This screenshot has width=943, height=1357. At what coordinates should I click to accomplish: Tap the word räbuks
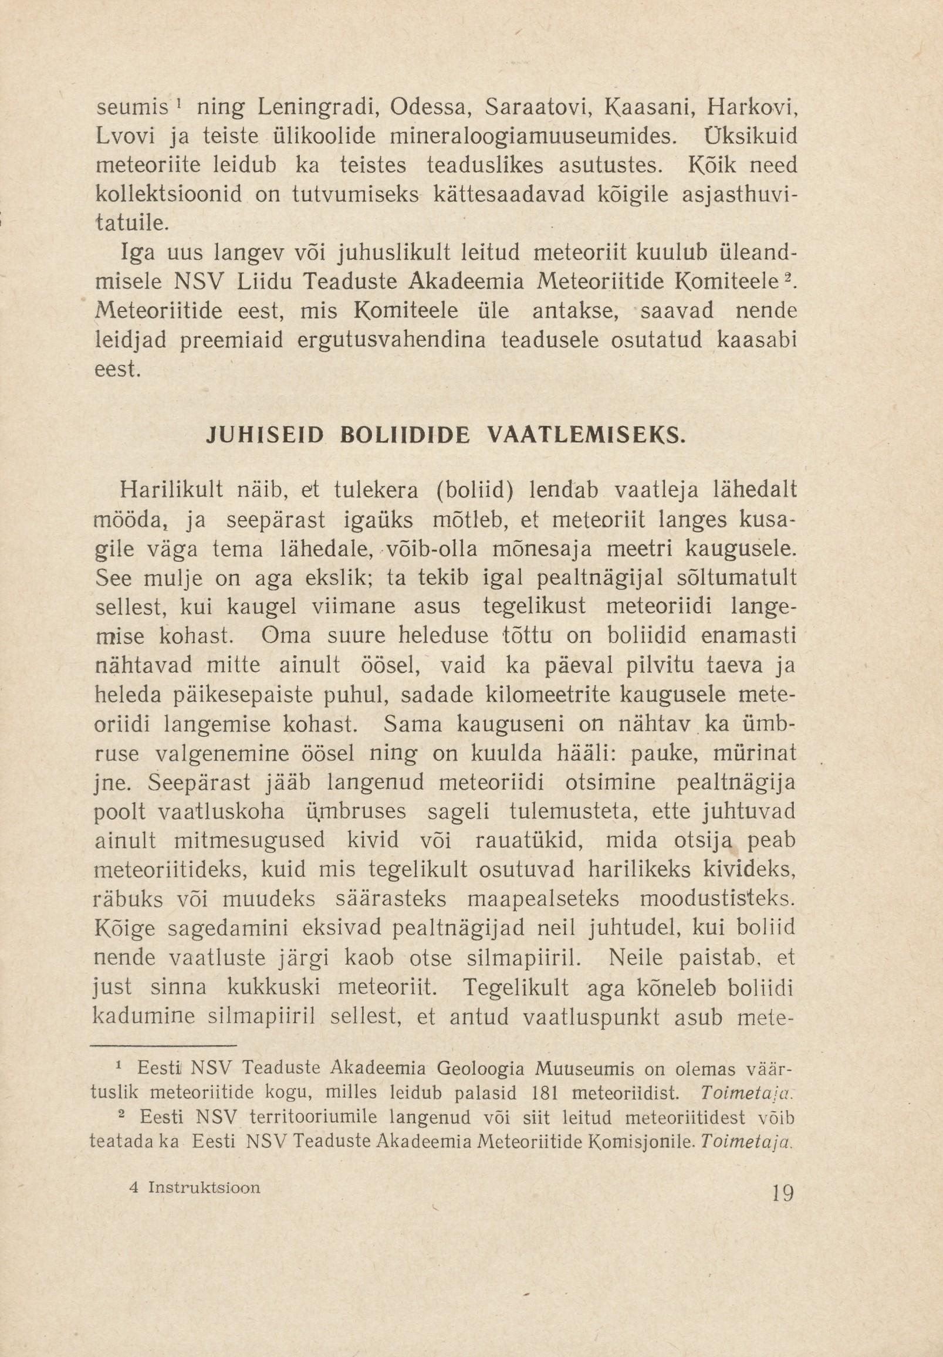coord(130,899)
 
